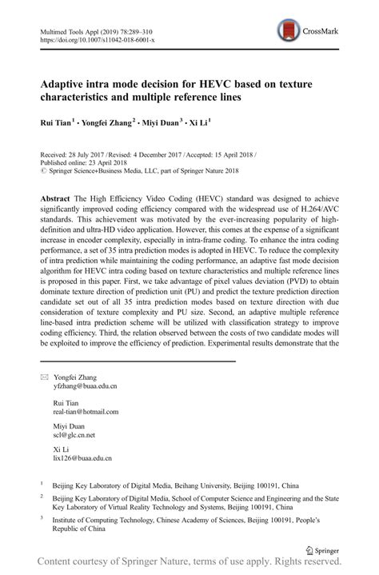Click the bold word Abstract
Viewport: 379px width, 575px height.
(x=57, y=196)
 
